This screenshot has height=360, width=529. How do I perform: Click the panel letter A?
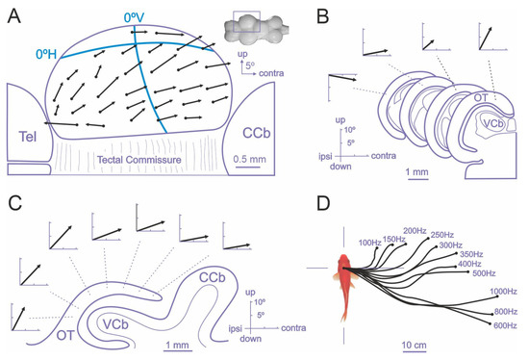coord(16,15)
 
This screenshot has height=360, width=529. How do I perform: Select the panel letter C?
coord(16,204)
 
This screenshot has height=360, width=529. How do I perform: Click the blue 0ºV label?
coord(135,16)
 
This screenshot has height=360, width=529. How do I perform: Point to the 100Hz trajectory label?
coord(369,242)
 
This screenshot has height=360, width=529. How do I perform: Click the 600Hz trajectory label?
coord(505,327)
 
